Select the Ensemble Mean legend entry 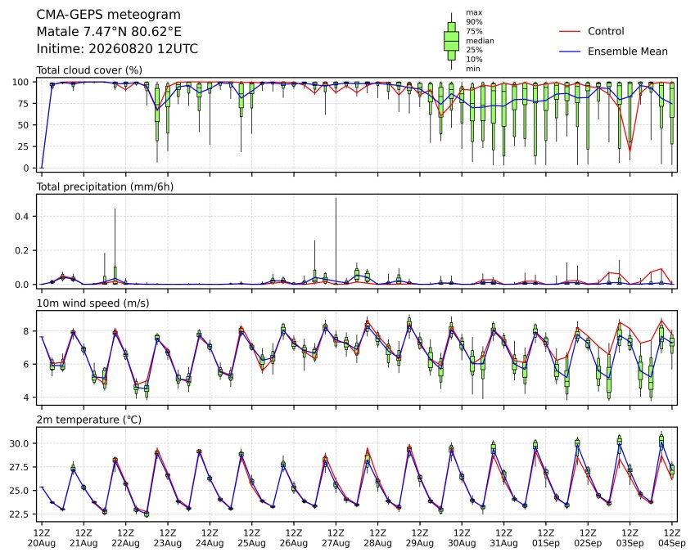[x=613, y=52]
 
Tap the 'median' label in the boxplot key [x=480, y=41]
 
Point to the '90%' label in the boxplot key [x=474, y=22]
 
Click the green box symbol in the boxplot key [x=452, y=41]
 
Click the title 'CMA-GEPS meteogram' [x=109, y=15]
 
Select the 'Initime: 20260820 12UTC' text [x=117, y=49]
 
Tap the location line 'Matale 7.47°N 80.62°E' [x=109, y=32]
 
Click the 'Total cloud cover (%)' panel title [x=89, y=70]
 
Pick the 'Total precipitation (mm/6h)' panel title [x=105, y=186]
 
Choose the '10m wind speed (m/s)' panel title [x=93, y=303]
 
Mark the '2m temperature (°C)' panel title [x=88, y=420]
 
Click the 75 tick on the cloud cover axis [x=24, y=104]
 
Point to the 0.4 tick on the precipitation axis [x=22, y=217]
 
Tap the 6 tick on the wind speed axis [x=26, y=365]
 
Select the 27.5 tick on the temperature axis [x=19, y=467]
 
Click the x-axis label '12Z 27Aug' [x=336, y=537]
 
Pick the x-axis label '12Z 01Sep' [x=546, y=537]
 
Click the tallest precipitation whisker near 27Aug [x=336, y=240]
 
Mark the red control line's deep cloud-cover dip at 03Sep [x=630, y=150]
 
